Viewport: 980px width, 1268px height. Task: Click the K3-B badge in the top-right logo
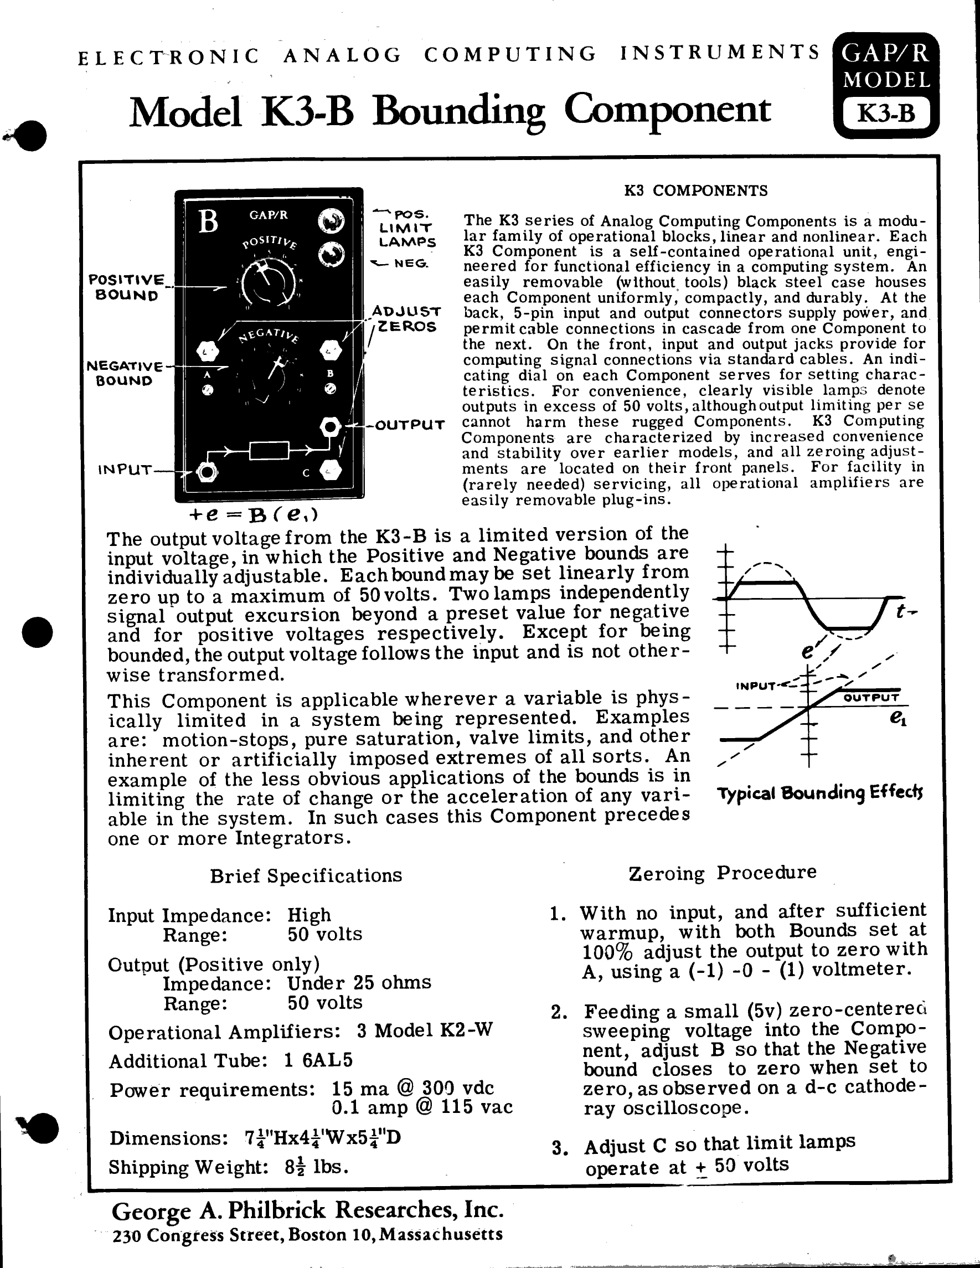pyautogui.click(x=885, y=113)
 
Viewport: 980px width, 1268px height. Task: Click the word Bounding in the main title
pyautogui.click(x=459, y=111)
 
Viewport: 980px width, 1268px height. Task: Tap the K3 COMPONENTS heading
pyautogui.click(x=695, y=191)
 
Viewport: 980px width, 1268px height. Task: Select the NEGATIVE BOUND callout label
pyautogui.click(x=124, y=373)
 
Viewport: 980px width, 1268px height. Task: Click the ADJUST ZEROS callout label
pyautogui.click(x=407, y=319)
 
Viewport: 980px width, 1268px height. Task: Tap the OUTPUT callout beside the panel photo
pyautogui.click(x=410, y=425)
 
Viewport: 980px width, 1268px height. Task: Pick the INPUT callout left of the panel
pyautogui.click(x=125, y=469)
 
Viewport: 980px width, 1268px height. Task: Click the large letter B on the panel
pyautogui.click(x=208, y=221)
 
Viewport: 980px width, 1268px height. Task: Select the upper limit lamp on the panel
pyautogui.click(x=332, y=220)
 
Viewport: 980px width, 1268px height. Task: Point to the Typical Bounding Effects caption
pyautogui.click(x=820, y=793)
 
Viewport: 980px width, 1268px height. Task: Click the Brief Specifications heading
pyautogui.click(x=306, y=875)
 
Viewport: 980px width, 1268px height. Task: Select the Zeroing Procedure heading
pyautogui.click(x=722, y=873)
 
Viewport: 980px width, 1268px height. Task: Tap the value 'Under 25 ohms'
pyautogui.click(x=359, y=982)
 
